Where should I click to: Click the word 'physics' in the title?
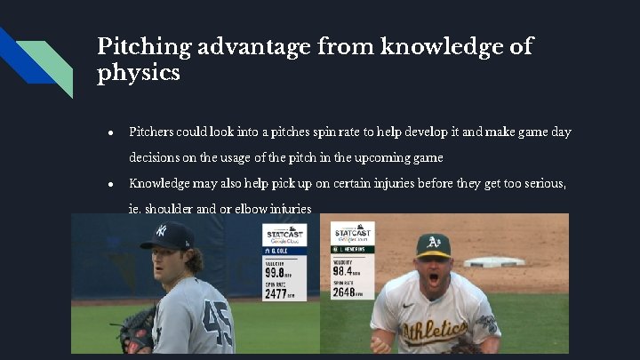click(x=138, y=72)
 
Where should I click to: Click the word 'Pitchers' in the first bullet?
click(x=153, y=132)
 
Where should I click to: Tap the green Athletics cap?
click(x=434, y=244)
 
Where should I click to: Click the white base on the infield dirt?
click(x=494, y=261)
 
